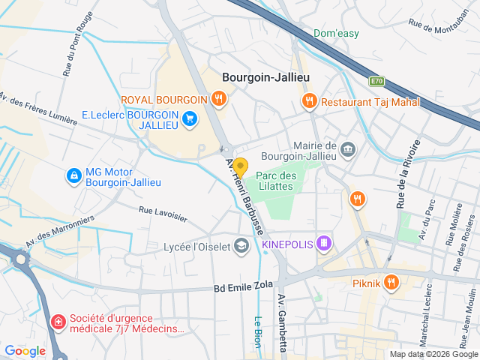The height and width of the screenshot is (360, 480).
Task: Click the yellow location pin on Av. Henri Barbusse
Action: tap(240, 166)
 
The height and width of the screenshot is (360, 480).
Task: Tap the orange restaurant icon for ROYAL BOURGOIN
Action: tap(218, 97)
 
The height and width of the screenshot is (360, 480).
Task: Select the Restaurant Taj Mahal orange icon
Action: tap(308, 100)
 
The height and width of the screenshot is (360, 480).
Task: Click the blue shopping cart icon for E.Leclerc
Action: tap(190, 117)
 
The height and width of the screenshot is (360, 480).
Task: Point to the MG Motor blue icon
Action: tap(73, 175)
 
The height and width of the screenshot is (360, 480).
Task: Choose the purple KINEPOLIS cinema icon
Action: tap(323, 242)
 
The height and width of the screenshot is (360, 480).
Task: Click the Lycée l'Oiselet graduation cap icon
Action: tap(241, 245)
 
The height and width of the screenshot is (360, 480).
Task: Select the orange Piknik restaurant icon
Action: tap(390, 283)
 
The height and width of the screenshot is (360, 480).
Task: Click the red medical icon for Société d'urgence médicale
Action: tap(57, 322)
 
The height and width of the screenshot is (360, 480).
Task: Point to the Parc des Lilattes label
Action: tap(275, 181)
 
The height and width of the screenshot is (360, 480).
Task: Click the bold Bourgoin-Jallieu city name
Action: tap(265, 77)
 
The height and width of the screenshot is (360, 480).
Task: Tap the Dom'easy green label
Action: tap(336, 34)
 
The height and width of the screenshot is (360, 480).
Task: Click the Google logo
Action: tap(25, 350)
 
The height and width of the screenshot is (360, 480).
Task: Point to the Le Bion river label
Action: tap(257, 327)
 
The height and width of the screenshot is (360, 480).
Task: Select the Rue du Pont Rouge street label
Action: tap(79, 44)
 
